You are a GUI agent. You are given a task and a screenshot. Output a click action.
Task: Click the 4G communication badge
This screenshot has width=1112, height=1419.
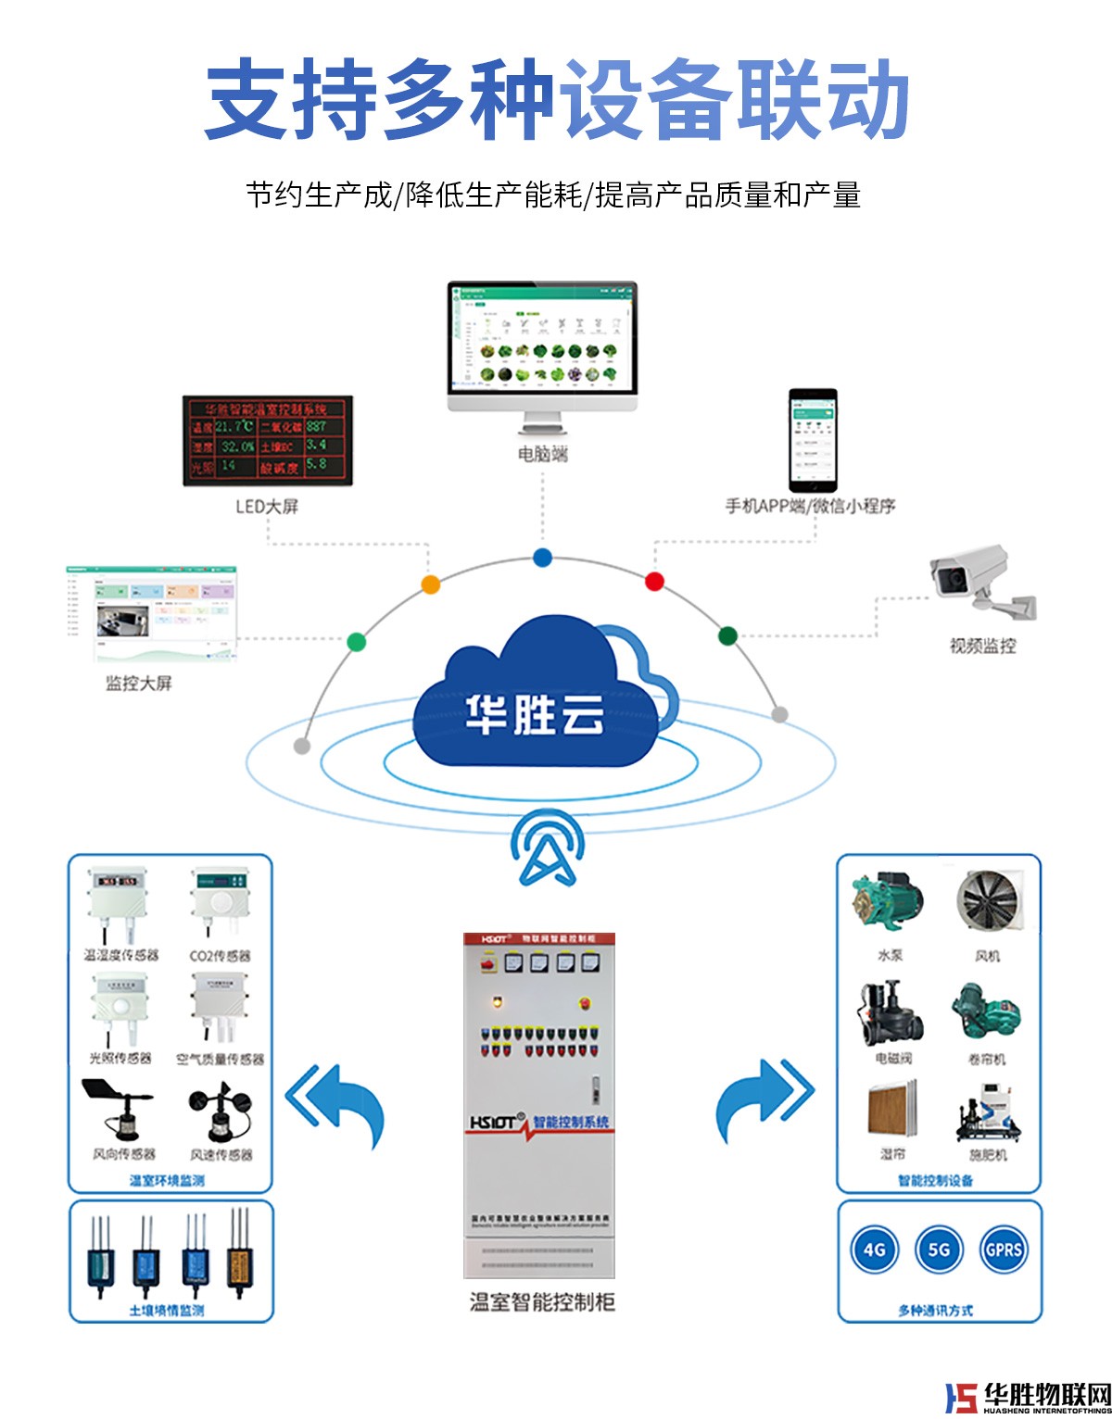click(874, 1249)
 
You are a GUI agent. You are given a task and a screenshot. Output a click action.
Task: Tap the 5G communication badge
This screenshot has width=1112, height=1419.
click(939, 1249)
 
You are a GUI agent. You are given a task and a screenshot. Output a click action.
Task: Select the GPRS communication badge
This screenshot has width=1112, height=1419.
click(1004, 1249)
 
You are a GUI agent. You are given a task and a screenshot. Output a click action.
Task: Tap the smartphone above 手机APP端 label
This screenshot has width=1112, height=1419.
click(813, 441)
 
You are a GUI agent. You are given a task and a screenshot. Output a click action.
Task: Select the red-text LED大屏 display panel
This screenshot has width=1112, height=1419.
click(267, 441)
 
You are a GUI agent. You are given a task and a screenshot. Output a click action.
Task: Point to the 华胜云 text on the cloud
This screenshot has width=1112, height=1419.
click(535, 714)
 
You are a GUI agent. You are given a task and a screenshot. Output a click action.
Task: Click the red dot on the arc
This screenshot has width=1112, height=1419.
click(654, 582)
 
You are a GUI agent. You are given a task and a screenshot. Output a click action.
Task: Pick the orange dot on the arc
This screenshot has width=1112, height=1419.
click(430, 584)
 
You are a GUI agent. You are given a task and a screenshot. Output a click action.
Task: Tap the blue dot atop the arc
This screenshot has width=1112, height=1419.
click(542, 558)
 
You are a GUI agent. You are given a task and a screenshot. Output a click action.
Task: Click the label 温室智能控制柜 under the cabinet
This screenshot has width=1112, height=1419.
click(542, 1302)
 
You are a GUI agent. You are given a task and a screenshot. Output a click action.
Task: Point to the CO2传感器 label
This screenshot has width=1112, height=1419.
click(220, 956)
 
